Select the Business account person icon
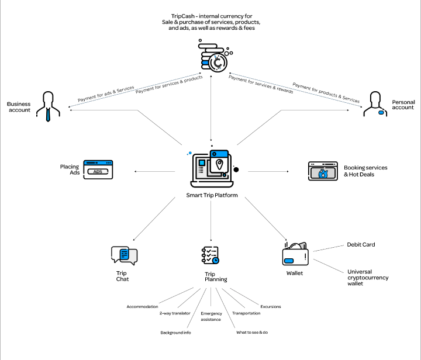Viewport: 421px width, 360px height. (x=48, y=106)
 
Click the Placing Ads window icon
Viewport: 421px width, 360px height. (x=98, y=169)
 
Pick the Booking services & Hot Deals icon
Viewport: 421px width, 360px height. (x=323, y=171)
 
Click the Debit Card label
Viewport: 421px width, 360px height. (x=361, y=245)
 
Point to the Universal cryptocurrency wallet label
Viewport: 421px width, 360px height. (x=368, y=278)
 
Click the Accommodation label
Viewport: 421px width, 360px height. (x=142, y=306)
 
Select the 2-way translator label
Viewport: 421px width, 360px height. (x=175, y=313)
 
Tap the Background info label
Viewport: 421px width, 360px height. (x=176, y=333)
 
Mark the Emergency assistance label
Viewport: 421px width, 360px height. (x=211, y=317)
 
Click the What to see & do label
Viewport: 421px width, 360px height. (x=252, y=333)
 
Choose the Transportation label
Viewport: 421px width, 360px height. (x=246, y=313)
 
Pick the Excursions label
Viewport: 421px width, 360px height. (x=270, y=306)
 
